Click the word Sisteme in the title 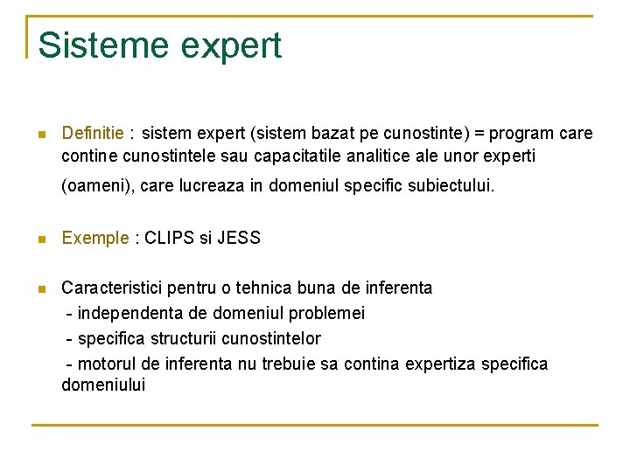point(94,45)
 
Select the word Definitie point(93,134)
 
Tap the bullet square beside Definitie point(40,135)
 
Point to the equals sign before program point(479,134)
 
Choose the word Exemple point(94,238)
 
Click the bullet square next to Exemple point(40,239)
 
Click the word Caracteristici point(112,288)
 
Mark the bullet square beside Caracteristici point(40,289)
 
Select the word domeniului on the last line point(103,385)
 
